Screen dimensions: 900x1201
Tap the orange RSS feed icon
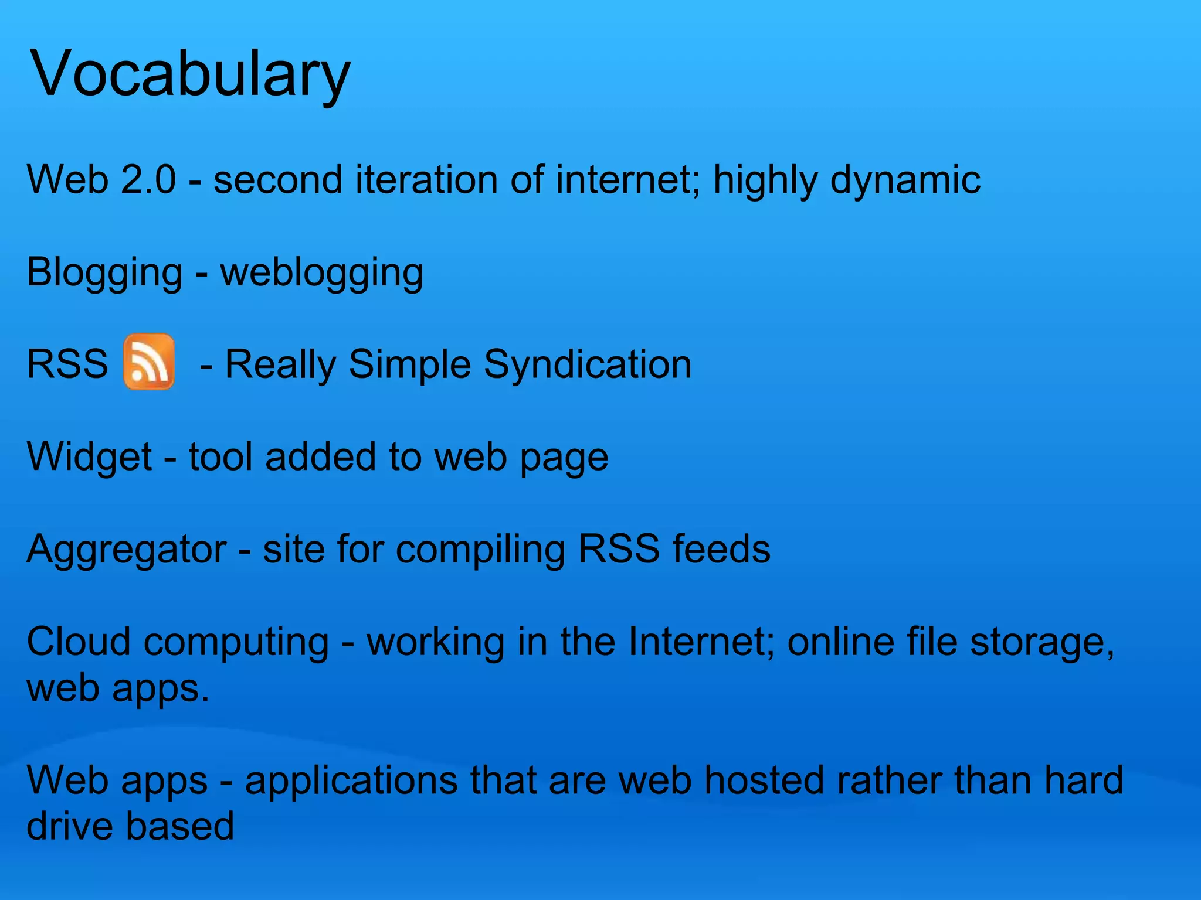[x=149, y=362]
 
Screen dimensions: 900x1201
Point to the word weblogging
[x=321, y=273]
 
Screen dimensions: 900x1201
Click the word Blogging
[x=104, y=273]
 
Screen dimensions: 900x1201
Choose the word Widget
[x=89, y=457]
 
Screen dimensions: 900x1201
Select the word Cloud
[x=79, y=641]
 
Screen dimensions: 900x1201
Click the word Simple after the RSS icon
[x=409, y=365]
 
